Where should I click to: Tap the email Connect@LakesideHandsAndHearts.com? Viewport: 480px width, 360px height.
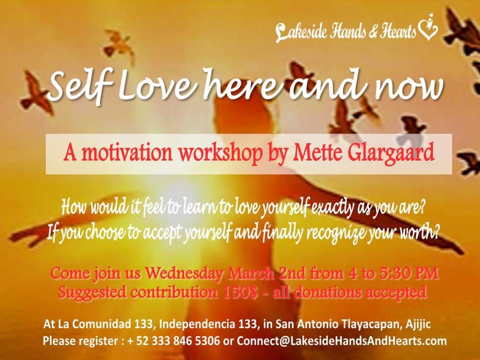(341, 340)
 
